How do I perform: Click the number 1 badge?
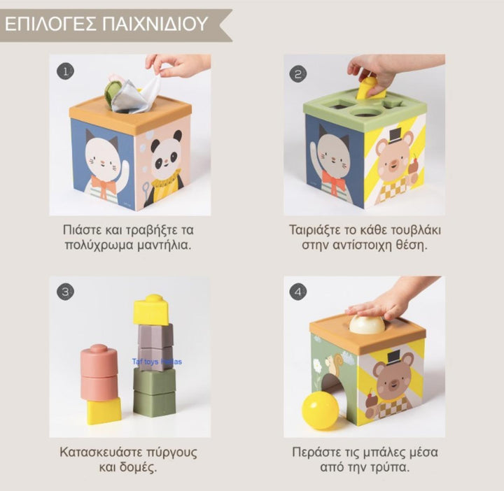66,71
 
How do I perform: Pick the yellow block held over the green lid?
367,88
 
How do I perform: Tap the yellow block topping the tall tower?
152,309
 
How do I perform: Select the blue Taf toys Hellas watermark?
157,362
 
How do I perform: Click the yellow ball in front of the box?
321,410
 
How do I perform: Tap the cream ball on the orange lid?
367,324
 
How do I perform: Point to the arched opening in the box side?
335,392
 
